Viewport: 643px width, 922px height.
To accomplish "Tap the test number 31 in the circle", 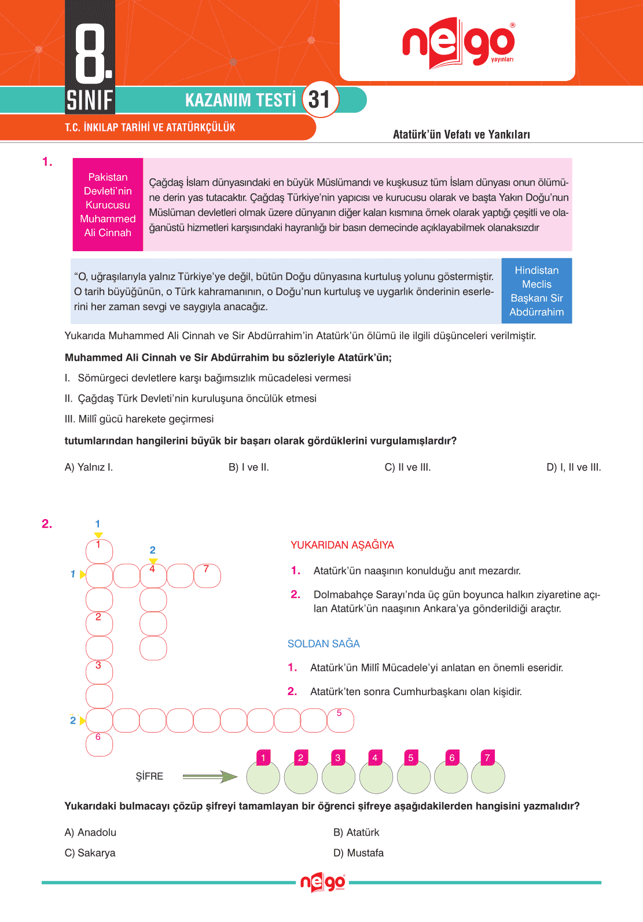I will (x=319, y=100).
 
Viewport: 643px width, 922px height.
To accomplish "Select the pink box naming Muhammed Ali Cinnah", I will (x=108, y=204).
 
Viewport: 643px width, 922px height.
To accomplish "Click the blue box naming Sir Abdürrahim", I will (x=537, y=291).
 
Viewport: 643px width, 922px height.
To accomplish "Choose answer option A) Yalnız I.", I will (x=89, y=467).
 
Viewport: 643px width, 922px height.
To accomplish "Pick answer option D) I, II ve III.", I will (x=574, y=467).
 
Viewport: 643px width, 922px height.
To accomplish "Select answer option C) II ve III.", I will (x=407, y=467).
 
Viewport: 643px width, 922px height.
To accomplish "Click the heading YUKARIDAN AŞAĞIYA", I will (x=342, y=545).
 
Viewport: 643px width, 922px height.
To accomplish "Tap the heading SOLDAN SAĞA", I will (x=324, y=644).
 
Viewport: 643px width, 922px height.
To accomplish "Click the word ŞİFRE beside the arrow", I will (x=149, y=776).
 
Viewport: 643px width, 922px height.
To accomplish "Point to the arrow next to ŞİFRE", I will (x=210, y=776).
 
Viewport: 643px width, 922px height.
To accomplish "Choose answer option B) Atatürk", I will (x=356, y=832).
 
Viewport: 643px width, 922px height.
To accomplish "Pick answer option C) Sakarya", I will (x=90, y=853).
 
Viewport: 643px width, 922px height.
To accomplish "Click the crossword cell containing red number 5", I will (x=340, y=721).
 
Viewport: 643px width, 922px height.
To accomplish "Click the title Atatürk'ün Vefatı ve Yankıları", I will (x=461, y=134).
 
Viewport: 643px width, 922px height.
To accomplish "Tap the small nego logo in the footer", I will (x=322, y=883).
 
